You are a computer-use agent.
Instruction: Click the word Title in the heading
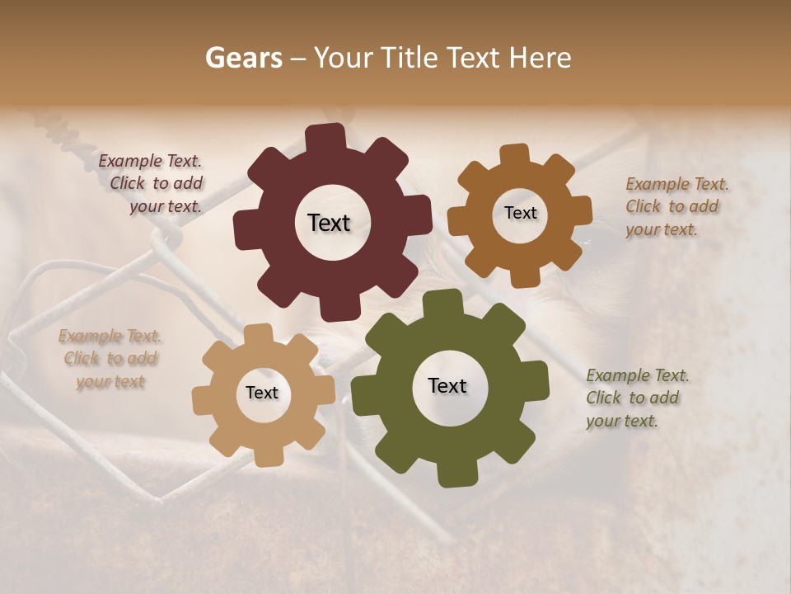(413, 58)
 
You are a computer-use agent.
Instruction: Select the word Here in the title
(541, 58)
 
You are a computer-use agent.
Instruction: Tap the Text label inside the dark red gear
(329, 223)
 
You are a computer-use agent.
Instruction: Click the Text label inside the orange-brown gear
(520, 213)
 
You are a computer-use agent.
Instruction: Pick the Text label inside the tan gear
(262, 393)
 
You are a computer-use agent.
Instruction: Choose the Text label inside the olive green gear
(447, 385)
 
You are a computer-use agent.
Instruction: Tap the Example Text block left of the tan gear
(110, 359)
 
